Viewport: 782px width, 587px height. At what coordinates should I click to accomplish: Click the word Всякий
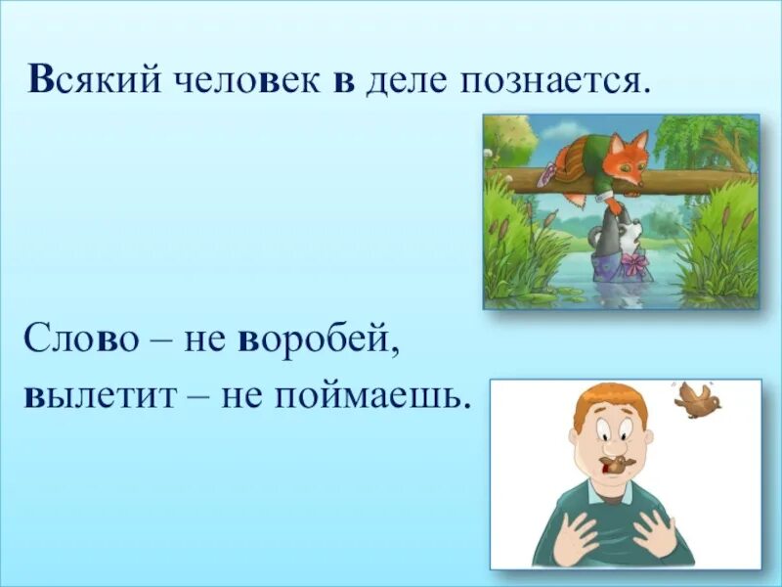pyautogui.click(x=94, y=80)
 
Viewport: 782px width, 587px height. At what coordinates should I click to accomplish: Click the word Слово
pyautogui.click(x=80, y=339)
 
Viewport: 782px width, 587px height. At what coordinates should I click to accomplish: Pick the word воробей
pyautogui.click(x=319, y=339)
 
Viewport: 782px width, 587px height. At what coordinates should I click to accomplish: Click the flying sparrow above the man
pyautogui.click(x=697, y=400)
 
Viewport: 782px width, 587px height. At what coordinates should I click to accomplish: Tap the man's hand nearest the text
pyautogui.click(x=571, y=536)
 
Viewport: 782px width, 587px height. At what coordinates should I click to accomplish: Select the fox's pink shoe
pyautogui.click(x=549, y=172)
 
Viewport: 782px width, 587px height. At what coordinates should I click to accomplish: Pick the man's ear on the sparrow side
pyautogui.click(x=648, y=439)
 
